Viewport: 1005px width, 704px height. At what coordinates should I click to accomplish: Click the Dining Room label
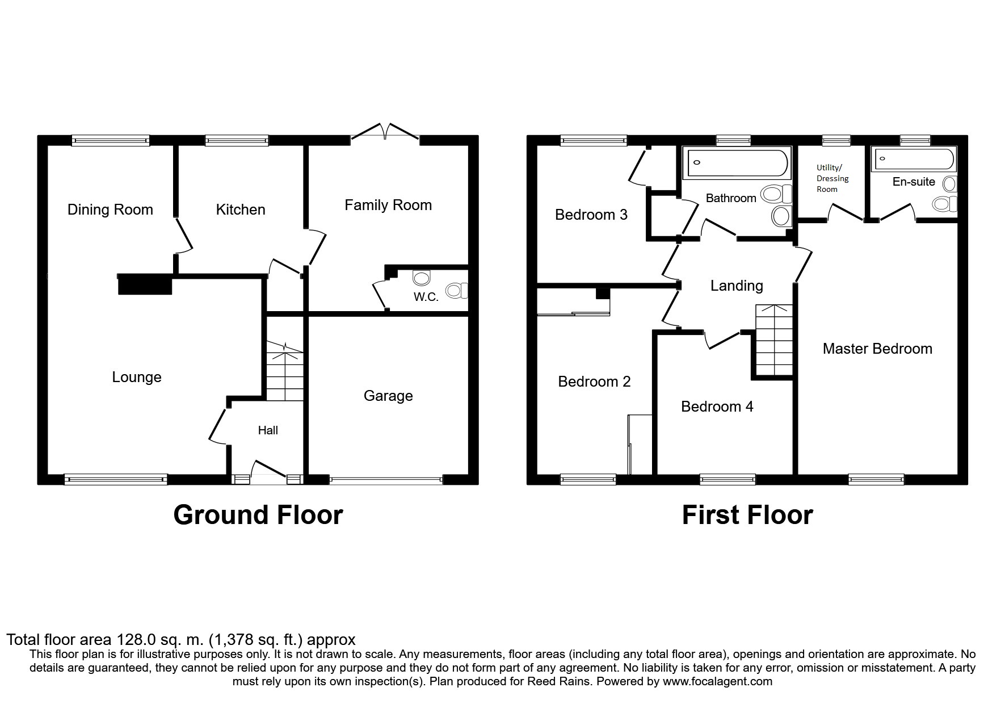(x=110, y=209)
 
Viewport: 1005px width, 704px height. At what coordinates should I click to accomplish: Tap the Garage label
(x=388, y=396)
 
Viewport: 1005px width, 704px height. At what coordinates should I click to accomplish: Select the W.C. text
(x=426, y=297)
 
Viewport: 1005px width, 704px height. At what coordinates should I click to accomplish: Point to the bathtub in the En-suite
(x=914, y=159)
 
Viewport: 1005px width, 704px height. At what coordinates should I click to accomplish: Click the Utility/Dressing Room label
(x=832, y=178)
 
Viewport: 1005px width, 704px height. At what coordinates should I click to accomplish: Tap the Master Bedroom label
(x=877, y=349)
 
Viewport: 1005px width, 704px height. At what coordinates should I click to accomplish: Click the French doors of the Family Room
(x=385, y=132)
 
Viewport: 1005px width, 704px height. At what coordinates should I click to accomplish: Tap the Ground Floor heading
(x=258, y=515)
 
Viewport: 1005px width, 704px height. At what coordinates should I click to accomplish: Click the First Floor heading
(x=747, y=515)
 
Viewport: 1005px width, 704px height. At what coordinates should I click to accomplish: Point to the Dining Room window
(x=111, y=140)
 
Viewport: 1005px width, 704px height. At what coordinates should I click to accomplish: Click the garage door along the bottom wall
(x=385, y=480)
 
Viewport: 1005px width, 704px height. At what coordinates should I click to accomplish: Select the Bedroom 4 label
(x=717, y=407)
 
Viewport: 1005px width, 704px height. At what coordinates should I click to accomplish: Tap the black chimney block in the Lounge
(x=145, y=284)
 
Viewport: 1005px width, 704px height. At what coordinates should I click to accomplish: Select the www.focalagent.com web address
(x=717, y=681)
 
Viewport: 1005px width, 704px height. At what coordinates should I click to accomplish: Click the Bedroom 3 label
(x=591, y=215)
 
